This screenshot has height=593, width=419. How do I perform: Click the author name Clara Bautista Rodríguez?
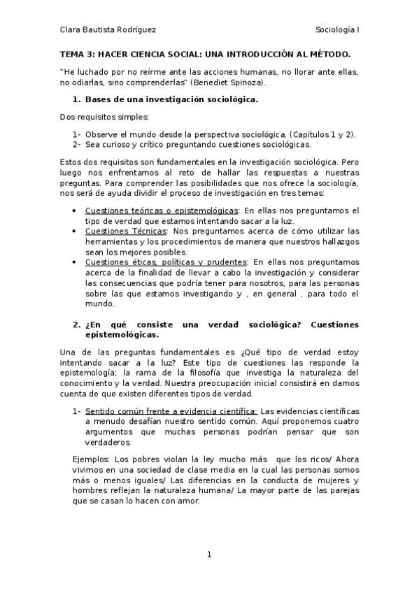pos(108,30)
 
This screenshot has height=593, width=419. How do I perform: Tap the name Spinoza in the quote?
pos(246,82)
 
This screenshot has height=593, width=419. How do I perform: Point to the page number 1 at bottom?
pos(208,555)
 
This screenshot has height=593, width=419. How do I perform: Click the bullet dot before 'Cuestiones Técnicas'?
pos(75,231)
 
